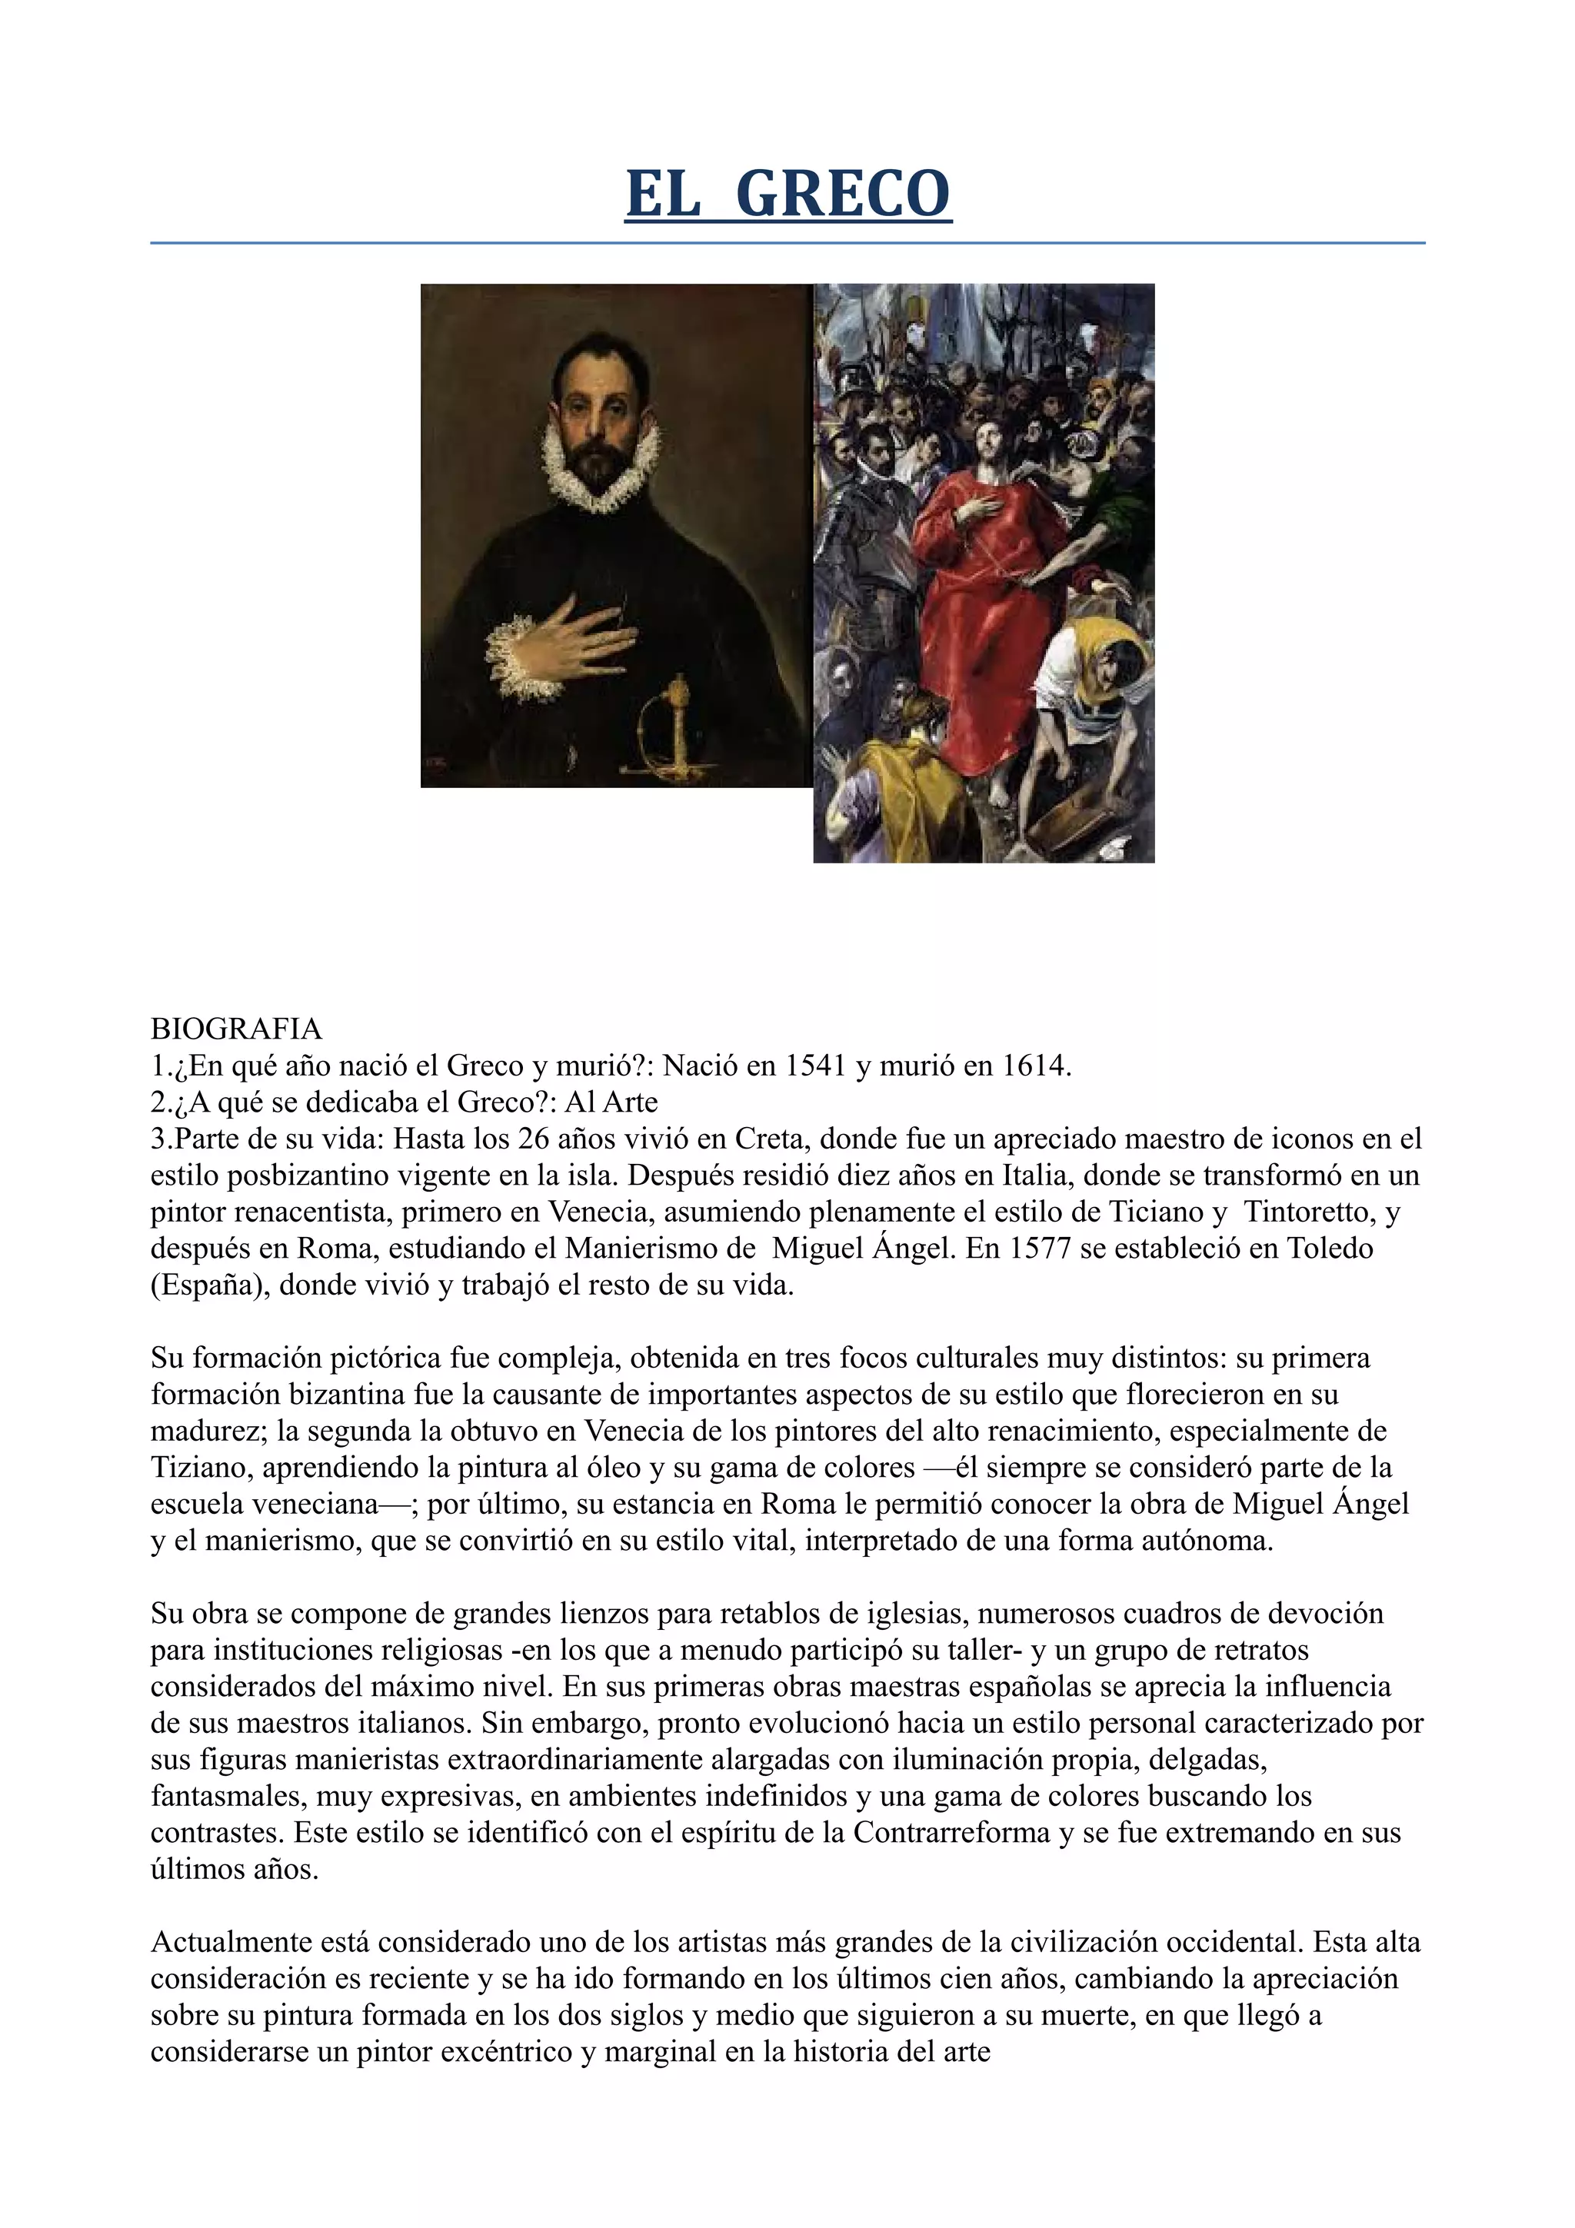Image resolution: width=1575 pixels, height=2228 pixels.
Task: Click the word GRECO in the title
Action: (x=844, y=194)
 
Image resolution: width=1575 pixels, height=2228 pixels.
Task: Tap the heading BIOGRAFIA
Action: (x=236, y=1028)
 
